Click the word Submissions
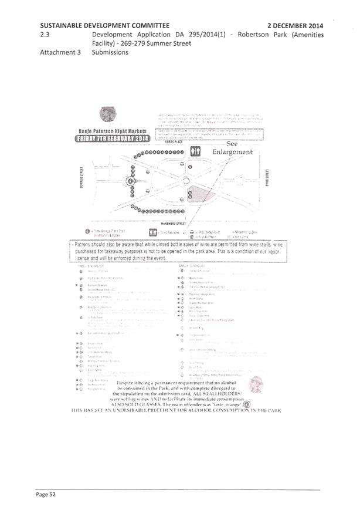(x=110, y=52)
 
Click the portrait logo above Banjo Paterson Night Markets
(x=107, y=115)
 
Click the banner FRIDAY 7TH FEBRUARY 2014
(x=111, y=139)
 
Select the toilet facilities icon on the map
(x=196, y=151)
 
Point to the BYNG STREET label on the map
(x=267, y=176)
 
